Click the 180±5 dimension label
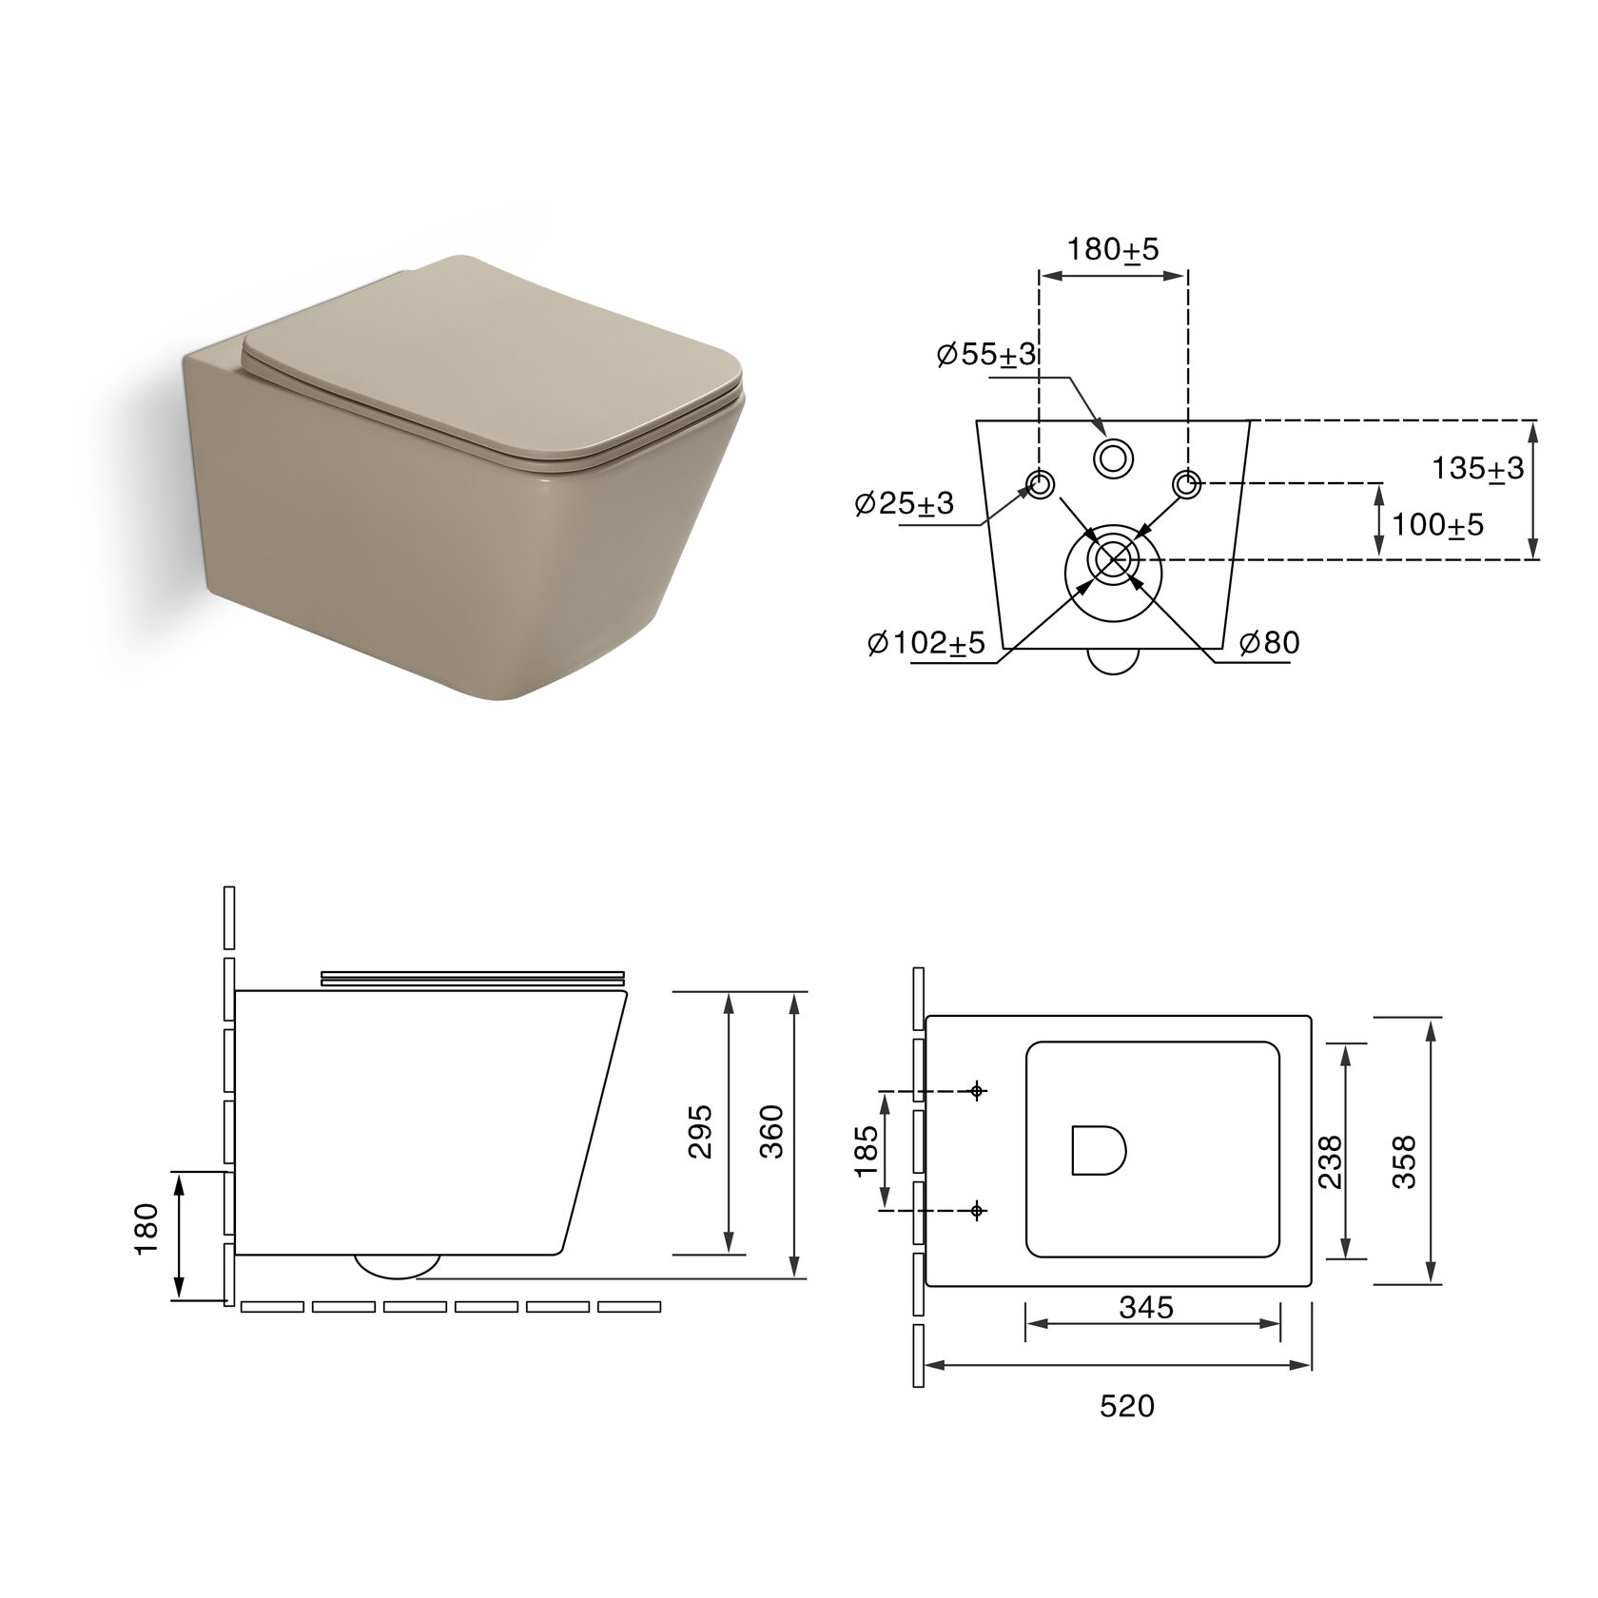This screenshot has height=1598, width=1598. coord(1113,250)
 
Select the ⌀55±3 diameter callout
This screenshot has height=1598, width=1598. coord(986,355)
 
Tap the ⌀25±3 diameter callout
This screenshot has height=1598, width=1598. coord(904,503)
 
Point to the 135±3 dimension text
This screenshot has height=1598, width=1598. coord(1478,468)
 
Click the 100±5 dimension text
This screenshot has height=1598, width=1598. coord(1437,524)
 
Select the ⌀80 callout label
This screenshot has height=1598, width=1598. coord(1269,642)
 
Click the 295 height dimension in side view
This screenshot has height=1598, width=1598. coord(700,1131)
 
